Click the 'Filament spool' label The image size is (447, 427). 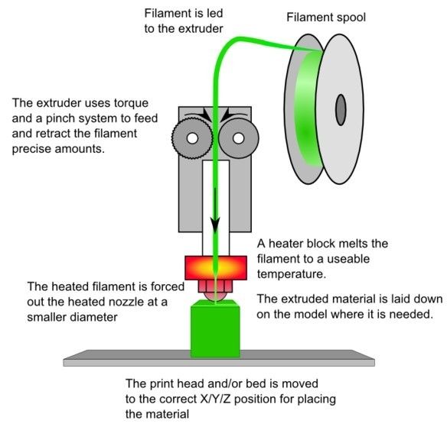point(326,18)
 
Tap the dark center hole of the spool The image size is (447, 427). point(341,110)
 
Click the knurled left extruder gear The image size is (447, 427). point(192,138)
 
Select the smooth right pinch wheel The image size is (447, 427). point(239,138)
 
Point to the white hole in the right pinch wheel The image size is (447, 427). point(239,138)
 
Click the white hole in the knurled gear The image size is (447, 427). point(192,138)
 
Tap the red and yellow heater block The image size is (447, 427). point(216,267)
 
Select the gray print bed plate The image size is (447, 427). point(219,358)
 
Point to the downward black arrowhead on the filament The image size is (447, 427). point(216,224)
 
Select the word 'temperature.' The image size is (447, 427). point(291,274)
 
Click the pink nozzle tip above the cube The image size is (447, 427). point(216,296)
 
